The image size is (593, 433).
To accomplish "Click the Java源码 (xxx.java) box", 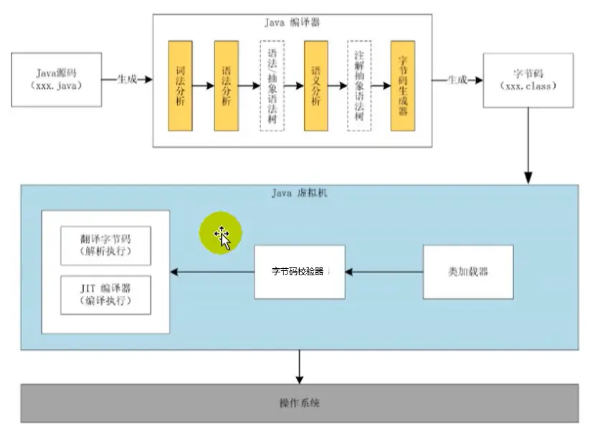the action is [x=57, y=80].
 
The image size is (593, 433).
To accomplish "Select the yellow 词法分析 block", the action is [x=180, y=86].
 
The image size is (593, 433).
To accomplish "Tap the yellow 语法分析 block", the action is [x=226, y=86].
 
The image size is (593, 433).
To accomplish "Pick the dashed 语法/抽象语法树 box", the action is [x=272, y=86].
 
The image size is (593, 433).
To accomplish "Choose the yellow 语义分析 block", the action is [x=316, y=86].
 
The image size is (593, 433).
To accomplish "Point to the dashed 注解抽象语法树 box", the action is [x=359, y=86].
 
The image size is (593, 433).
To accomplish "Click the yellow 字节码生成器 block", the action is [x=403, y=86].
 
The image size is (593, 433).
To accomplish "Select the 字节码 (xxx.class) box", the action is [x=528, y=80].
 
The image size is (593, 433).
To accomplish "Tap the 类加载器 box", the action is [x=468, y=272].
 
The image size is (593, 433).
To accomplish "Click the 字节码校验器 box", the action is [x=300, y=272].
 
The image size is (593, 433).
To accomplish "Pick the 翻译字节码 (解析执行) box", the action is [x=105, y=245].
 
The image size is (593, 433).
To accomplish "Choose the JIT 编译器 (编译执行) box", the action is [x=105, y=295].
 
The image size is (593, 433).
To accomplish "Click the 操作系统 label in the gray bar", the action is [x=300, y=403].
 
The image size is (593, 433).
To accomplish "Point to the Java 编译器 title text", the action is [x=292, y=22].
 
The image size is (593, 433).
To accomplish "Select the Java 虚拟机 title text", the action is [x=300, y=194].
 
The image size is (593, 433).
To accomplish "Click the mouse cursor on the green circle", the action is [x=223, y=237].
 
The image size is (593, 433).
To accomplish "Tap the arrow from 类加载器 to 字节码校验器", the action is [x=384, y=272].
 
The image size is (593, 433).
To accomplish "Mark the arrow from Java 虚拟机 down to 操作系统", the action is [x=300, y=367].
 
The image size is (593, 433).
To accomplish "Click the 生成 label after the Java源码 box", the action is [x=127, y=79].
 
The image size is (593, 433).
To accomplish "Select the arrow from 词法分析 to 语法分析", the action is [x=203, y=86].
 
